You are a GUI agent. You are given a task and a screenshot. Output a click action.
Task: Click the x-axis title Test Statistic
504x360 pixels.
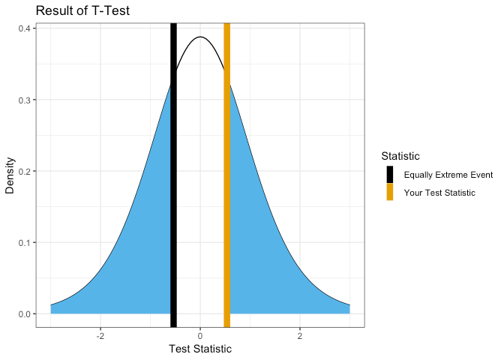pyautogui.click(x=200, y=349)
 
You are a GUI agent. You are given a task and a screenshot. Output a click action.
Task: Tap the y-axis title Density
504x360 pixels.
pyautogui.click(x=10, y=175)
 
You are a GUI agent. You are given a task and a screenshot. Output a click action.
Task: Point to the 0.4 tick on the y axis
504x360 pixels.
pyautogui.click(x=24, y=28)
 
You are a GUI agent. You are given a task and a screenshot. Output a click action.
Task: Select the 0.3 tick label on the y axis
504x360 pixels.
pyautogui.click(x=24, y=100)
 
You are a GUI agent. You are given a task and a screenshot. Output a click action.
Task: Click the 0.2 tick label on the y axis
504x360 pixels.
pyautogui.click(x=24, y=171)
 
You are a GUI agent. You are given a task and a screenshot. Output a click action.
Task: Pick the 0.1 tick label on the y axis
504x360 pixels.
pyautogui.click(x=24, y=242)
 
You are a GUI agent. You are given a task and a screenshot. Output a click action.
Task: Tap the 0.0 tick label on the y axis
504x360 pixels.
pyautogui.click(x=24, y=313)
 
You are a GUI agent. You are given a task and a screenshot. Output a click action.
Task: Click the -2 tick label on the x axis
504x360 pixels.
pyautogui.click(x=100, y=335)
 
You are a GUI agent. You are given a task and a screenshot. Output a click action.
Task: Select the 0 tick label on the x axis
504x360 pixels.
pyautogui.click(x=200, y=335)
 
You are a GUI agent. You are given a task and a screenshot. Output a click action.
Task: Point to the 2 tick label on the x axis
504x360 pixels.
pyautogui.click(x=300, y=335)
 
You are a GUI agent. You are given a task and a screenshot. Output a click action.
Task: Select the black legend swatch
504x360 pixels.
pyautogui.click(x=390, y=175)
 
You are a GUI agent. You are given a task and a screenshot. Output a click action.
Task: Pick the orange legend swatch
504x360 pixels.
pyautogui.click(x=390, y=193)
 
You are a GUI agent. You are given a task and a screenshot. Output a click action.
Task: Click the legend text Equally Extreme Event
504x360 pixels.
pyautogui.click(x=448, y=175)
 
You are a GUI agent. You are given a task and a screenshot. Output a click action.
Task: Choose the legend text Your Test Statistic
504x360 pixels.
pyautogui.click(x=439, y=193)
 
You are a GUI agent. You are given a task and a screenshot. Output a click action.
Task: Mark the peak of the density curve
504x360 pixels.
pyautogui.click(x=200, y=37)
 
